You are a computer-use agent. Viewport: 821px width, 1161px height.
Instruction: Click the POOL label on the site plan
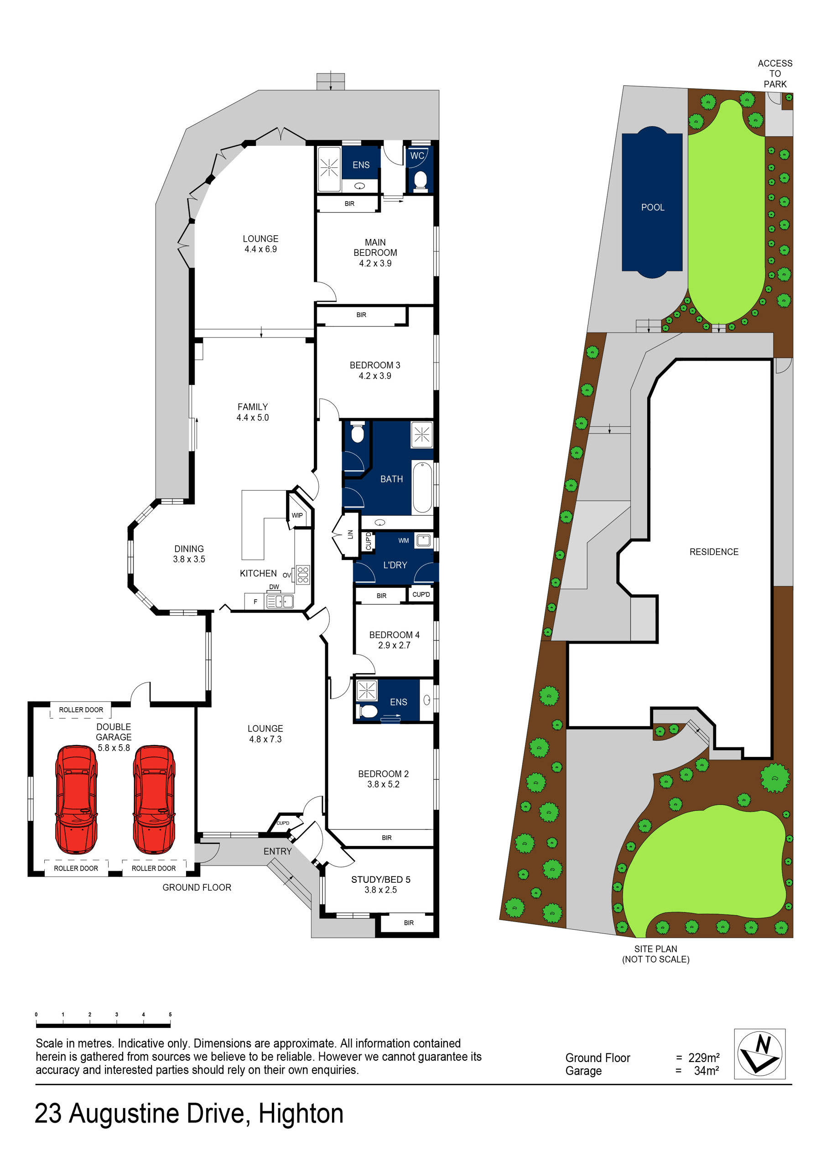pyautogui.click(x=653, y=207)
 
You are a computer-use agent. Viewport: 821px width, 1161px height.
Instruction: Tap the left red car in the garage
pyautogui.click(x=76, y=799)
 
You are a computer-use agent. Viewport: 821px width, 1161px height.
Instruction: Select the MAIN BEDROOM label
pyautogui.click(x=375, y=247)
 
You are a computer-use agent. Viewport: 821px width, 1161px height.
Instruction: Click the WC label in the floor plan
pyautogui.click(x=417, y=156)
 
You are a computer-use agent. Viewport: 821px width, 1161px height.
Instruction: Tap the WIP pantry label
pyautogui.click(x=297, y=515)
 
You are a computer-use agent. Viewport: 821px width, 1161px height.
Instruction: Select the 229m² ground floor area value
pyautogui.click(x=704, y=1057)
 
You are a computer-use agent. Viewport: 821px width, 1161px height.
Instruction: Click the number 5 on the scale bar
pyautogui.click(x=170, y=1014)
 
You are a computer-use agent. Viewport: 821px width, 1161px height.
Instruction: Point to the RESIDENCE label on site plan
pyautogui.click(x=713, y=552)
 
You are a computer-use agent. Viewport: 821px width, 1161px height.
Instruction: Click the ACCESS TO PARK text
pyautogui.click(x=774, y=74)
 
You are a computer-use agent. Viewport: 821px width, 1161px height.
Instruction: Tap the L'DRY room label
pyautogui.click(x=395, y=565)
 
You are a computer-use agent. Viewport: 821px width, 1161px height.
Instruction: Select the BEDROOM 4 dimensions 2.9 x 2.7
pyautogui.click(x=394, y=645)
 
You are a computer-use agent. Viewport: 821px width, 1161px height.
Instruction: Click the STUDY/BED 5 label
pyautogui.click(x=380, y=879)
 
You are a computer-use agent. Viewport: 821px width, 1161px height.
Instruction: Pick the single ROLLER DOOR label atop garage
pyautogui.click(x=81, y=710)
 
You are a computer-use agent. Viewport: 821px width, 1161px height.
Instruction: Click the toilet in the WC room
pyautogui.click(x=421, y=180)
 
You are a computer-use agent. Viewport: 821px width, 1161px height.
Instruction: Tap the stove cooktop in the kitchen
pyautogui.click(x=302, y=575)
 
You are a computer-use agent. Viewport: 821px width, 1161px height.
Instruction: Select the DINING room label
pyautogui.click(x=189, y=549)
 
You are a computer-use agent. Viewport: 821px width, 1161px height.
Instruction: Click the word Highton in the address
pyautogui.click(x=301, y=1113)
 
